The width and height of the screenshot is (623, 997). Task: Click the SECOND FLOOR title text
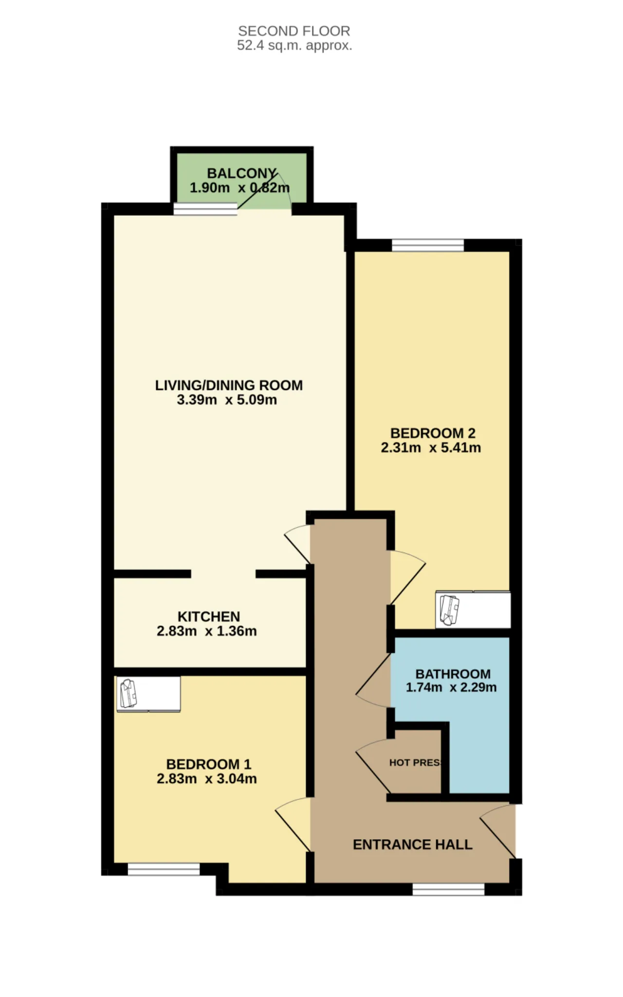point(294,31)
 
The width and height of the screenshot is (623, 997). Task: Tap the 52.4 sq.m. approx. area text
point(294,46)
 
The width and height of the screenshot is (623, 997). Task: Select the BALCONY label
point(242,173)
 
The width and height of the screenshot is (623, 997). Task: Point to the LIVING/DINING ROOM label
point(229,385)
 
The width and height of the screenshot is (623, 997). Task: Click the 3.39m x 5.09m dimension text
point(227,400)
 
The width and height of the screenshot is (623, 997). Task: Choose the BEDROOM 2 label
point(433,433)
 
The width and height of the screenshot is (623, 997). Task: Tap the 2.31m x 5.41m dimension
point(431,448)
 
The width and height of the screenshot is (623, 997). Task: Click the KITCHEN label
point(209,616)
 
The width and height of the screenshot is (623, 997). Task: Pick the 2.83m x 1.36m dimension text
point(207,631)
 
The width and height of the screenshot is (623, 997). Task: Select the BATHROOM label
point(453,674)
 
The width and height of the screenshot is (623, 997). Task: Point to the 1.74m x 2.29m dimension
point(451,687)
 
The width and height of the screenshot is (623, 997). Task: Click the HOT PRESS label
point(415,763)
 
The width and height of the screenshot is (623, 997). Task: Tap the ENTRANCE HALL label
point(413,845)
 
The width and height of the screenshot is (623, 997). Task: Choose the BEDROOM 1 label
point(209,764)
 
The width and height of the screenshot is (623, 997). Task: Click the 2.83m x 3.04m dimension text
point(207,779)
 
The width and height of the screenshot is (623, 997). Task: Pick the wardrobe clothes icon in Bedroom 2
point(449,610)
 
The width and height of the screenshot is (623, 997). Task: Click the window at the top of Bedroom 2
point(428,245)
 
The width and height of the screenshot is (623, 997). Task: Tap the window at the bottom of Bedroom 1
point(164,869)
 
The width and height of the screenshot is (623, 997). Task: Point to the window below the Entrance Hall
point(449,889)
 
